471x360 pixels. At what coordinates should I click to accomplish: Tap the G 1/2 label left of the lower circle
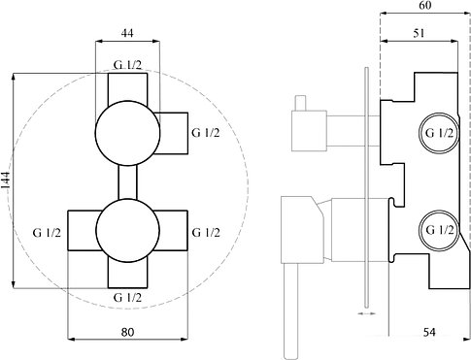[x=46, y=232]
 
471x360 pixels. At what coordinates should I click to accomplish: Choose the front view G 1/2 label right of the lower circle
[x=205, y=232]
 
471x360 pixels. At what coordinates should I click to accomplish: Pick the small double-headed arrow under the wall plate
[x=365, y=313]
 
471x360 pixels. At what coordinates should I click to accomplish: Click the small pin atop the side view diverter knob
[x=300, y=102]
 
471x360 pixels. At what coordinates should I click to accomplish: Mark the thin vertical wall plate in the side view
[x=364, y=184]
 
